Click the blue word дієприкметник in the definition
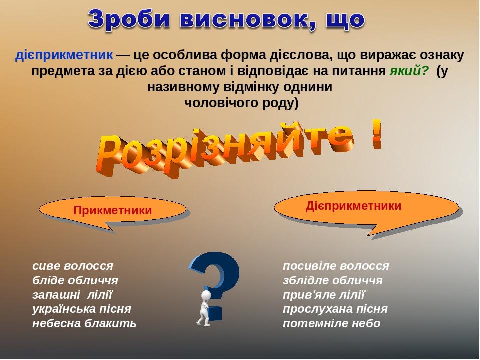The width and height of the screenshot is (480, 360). point(64,54)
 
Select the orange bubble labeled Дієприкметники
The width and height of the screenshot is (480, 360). point(354,206)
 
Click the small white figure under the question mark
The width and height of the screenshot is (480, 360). point(205,307)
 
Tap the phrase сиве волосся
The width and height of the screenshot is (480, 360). point(73,265)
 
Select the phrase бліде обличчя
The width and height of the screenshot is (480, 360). point(75,280)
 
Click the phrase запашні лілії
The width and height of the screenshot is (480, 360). point(73,294)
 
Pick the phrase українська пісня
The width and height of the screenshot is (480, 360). point(82,309)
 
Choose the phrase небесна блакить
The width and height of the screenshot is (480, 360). point(84,323)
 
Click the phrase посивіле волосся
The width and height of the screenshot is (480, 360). point(336,265)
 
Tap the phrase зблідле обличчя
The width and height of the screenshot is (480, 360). point(333,280)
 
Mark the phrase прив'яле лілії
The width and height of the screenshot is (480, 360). point(324,294)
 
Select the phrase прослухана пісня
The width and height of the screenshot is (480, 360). point(335,309)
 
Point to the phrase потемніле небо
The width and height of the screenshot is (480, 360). point(331,323)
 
